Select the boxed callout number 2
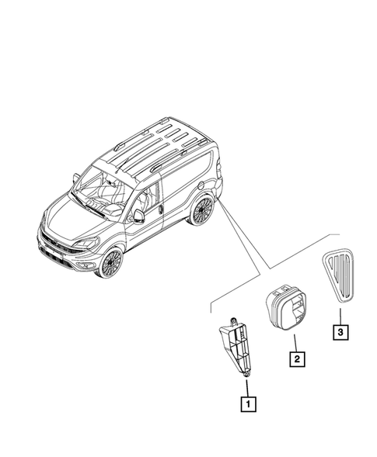(x=296, y=359)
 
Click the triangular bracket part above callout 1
(x=235, y=348)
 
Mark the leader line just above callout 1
(x=247, y=386)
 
